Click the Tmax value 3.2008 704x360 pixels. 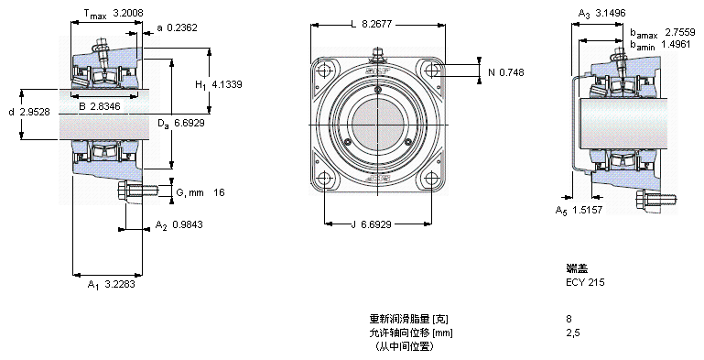coord(128,13)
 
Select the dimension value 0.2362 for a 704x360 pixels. coord(182,27)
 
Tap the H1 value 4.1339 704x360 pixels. coord(227,84)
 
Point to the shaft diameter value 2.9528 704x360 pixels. coord(35,112)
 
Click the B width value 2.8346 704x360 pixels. coord(105,106)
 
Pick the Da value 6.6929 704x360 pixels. coord(189,123)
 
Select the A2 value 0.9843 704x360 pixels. coord(188,224)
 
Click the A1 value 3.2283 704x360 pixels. coord(119,284)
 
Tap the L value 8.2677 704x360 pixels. coord(376,24)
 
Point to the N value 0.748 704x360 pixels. coord(512,72)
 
